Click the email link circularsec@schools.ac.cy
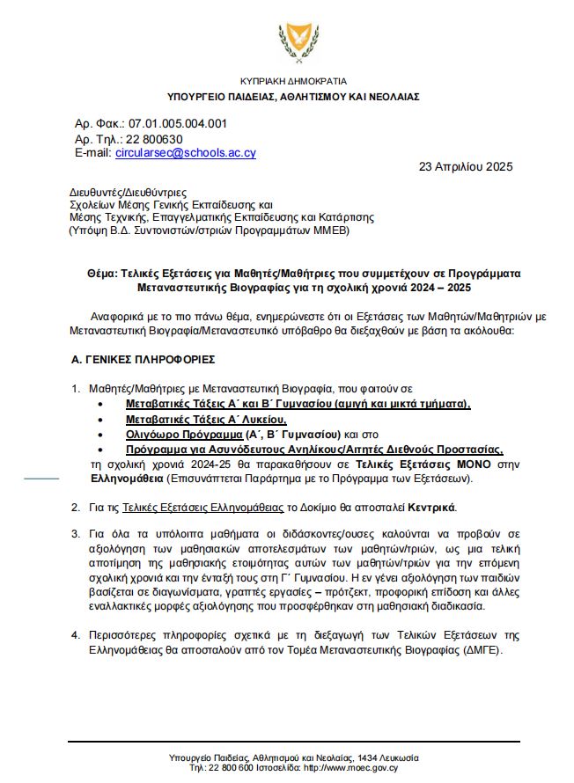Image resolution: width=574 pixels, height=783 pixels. tap(185, 152)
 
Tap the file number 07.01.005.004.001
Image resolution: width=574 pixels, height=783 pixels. tap(176, 124)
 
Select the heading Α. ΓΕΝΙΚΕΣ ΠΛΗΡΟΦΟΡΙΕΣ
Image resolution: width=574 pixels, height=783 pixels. tap(143, 360)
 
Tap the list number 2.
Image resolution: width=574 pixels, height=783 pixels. tap(75, 507)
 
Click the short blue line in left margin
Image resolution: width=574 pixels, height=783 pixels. tap(40, 479)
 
